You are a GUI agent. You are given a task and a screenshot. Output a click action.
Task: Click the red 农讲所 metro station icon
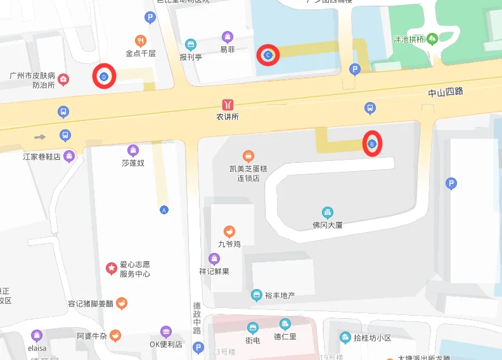coord(227,105)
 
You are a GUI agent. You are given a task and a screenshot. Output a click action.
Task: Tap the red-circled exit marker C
coord(267,56)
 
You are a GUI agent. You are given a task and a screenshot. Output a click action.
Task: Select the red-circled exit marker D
coord(104,77)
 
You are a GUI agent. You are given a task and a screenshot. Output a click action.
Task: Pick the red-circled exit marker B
coord(372,144)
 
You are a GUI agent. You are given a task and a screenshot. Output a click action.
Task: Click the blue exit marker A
coord(164,209)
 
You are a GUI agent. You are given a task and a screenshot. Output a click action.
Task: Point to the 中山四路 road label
coord(445,93)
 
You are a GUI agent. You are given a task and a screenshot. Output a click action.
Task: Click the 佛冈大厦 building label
coord(327,224)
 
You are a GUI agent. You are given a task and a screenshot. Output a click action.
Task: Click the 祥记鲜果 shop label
coord(214,271)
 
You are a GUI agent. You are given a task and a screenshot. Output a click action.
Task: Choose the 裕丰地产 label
coord(280,295)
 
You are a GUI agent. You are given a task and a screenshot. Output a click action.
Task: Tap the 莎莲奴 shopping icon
coord(133,151)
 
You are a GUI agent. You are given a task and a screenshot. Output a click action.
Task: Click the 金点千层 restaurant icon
coord(141,40)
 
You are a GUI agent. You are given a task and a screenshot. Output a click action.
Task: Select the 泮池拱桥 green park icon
coord(432,39)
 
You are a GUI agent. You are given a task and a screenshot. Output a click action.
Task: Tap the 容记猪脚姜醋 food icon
coord(122,303)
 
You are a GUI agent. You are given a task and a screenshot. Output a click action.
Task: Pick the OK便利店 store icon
coord(165,331)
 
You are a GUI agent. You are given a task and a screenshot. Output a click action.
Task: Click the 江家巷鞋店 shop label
coord(42,157)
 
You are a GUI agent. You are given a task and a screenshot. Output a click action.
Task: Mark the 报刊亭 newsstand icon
coord(190,44)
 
